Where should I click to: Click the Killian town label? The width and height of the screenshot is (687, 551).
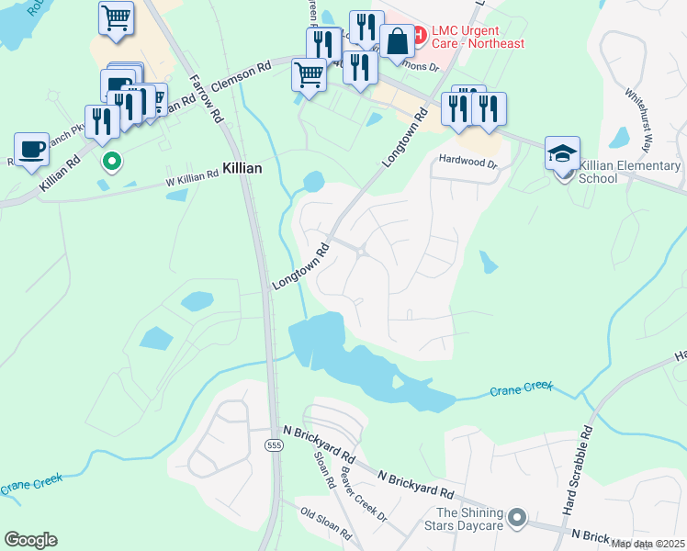pyautogui.click(x=242, y=169)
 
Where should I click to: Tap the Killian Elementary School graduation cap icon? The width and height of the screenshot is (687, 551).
pyautogui.click(x=562, y=152)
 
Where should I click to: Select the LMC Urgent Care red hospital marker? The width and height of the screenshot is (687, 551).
pyautogui.click(x=418, y=36)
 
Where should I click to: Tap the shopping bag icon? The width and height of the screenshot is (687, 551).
pyautogui.click(x=397, y=41)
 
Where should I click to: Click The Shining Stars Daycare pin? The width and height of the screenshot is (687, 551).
pyautogui.click(x=516, y=519)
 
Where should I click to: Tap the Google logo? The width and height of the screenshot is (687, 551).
pyautogui.click(x=30, y=540)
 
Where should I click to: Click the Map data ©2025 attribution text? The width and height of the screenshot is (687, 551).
pyautogui.click(x=648, y=544)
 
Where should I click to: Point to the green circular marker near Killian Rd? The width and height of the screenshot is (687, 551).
pyautogui.click(x=112, y=163)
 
